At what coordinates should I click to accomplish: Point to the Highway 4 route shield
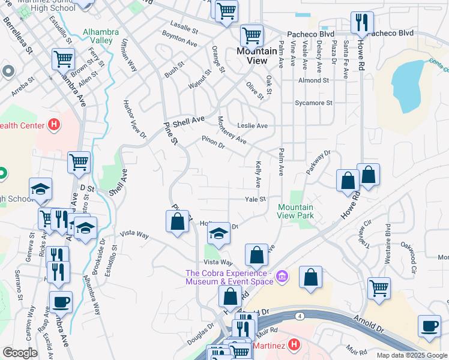click(298, 316)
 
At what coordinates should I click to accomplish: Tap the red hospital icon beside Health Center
click(54, 125)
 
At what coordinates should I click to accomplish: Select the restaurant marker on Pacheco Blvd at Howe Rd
click(362, 23)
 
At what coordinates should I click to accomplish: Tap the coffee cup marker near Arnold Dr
click(429, 325)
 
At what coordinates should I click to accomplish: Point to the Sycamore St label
click(313, 103)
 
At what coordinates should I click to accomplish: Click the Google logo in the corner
click(20, 353)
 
